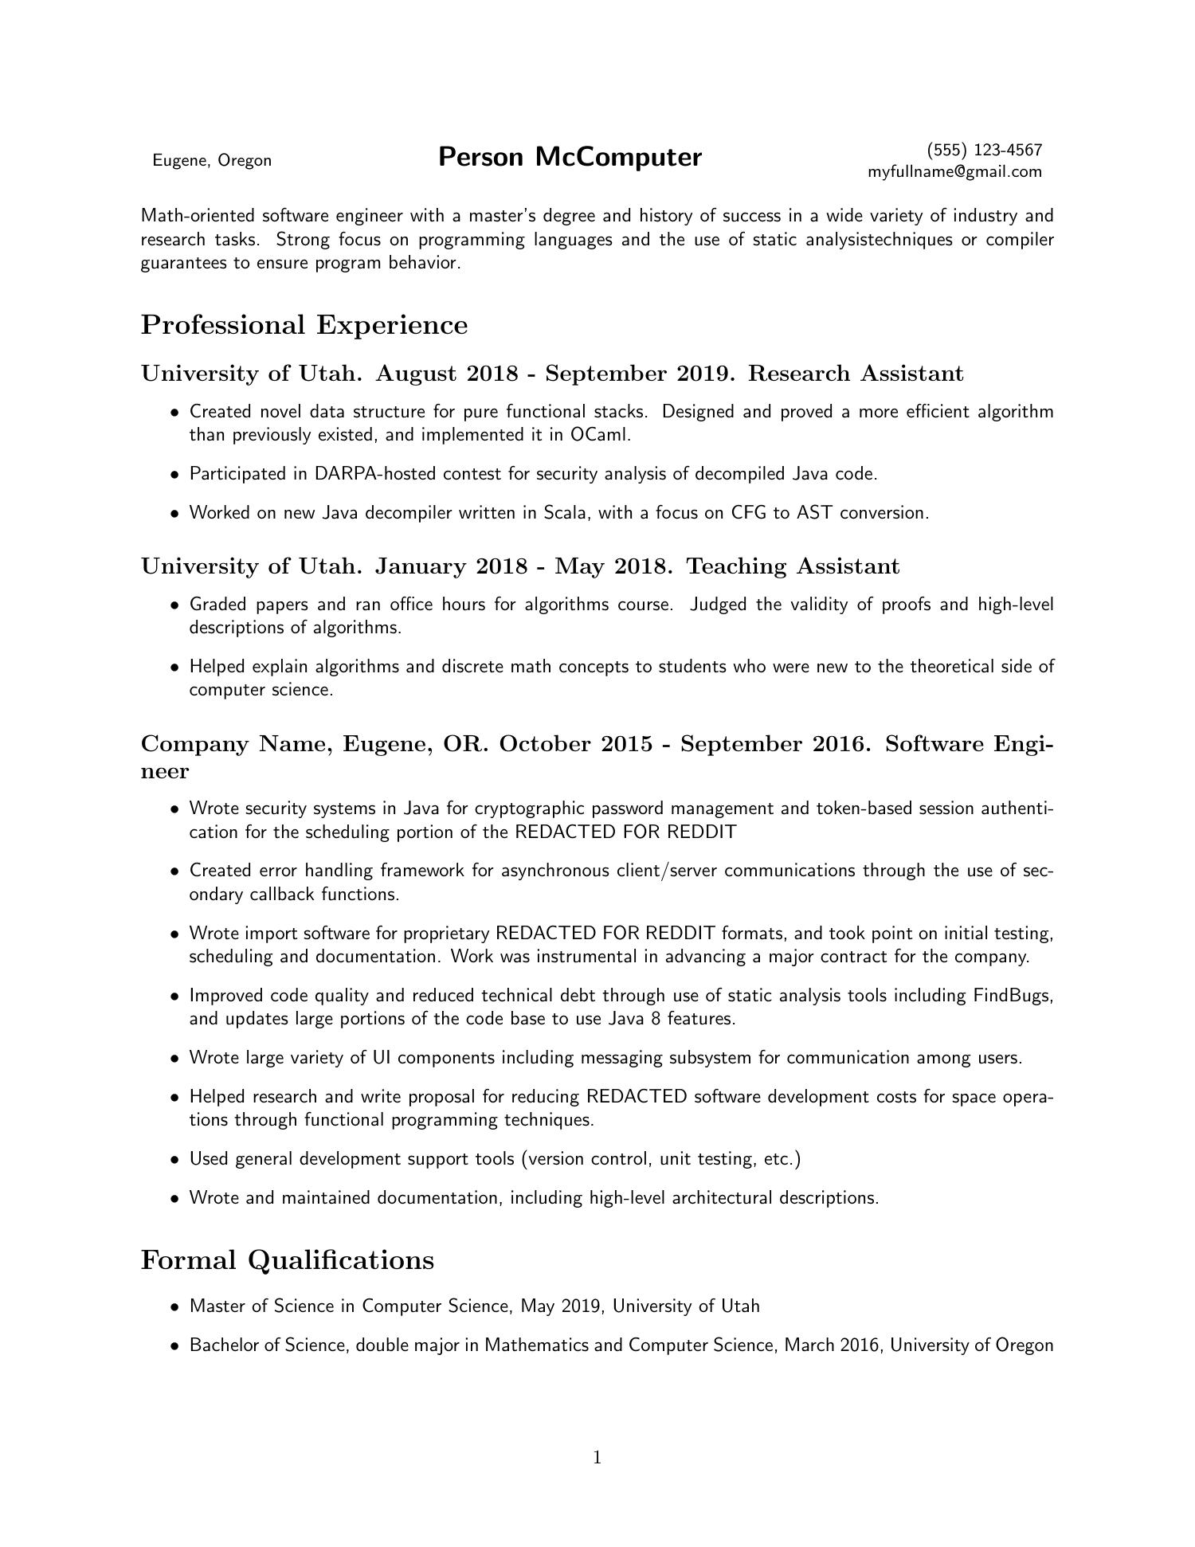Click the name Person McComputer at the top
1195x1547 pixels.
(x=570, y=157)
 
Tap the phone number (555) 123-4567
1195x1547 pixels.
(x=985, y=150)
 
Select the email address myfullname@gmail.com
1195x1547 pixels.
(x=954, y=171)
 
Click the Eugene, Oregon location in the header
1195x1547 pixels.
(x=212, y=160)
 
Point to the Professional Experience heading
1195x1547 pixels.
(x=304, y=325)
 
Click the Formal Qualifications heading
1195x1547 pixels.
(x=287, y=1260)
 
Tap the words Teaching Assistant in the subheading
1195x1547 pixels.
(x=793, y=566)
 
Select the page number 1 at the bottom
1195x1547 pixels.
(x=597, y=1458)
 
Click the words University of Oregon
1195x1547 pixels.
(x=972, y=1345)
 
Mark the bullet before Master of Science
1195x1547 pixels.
(x=174, y=1307)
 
